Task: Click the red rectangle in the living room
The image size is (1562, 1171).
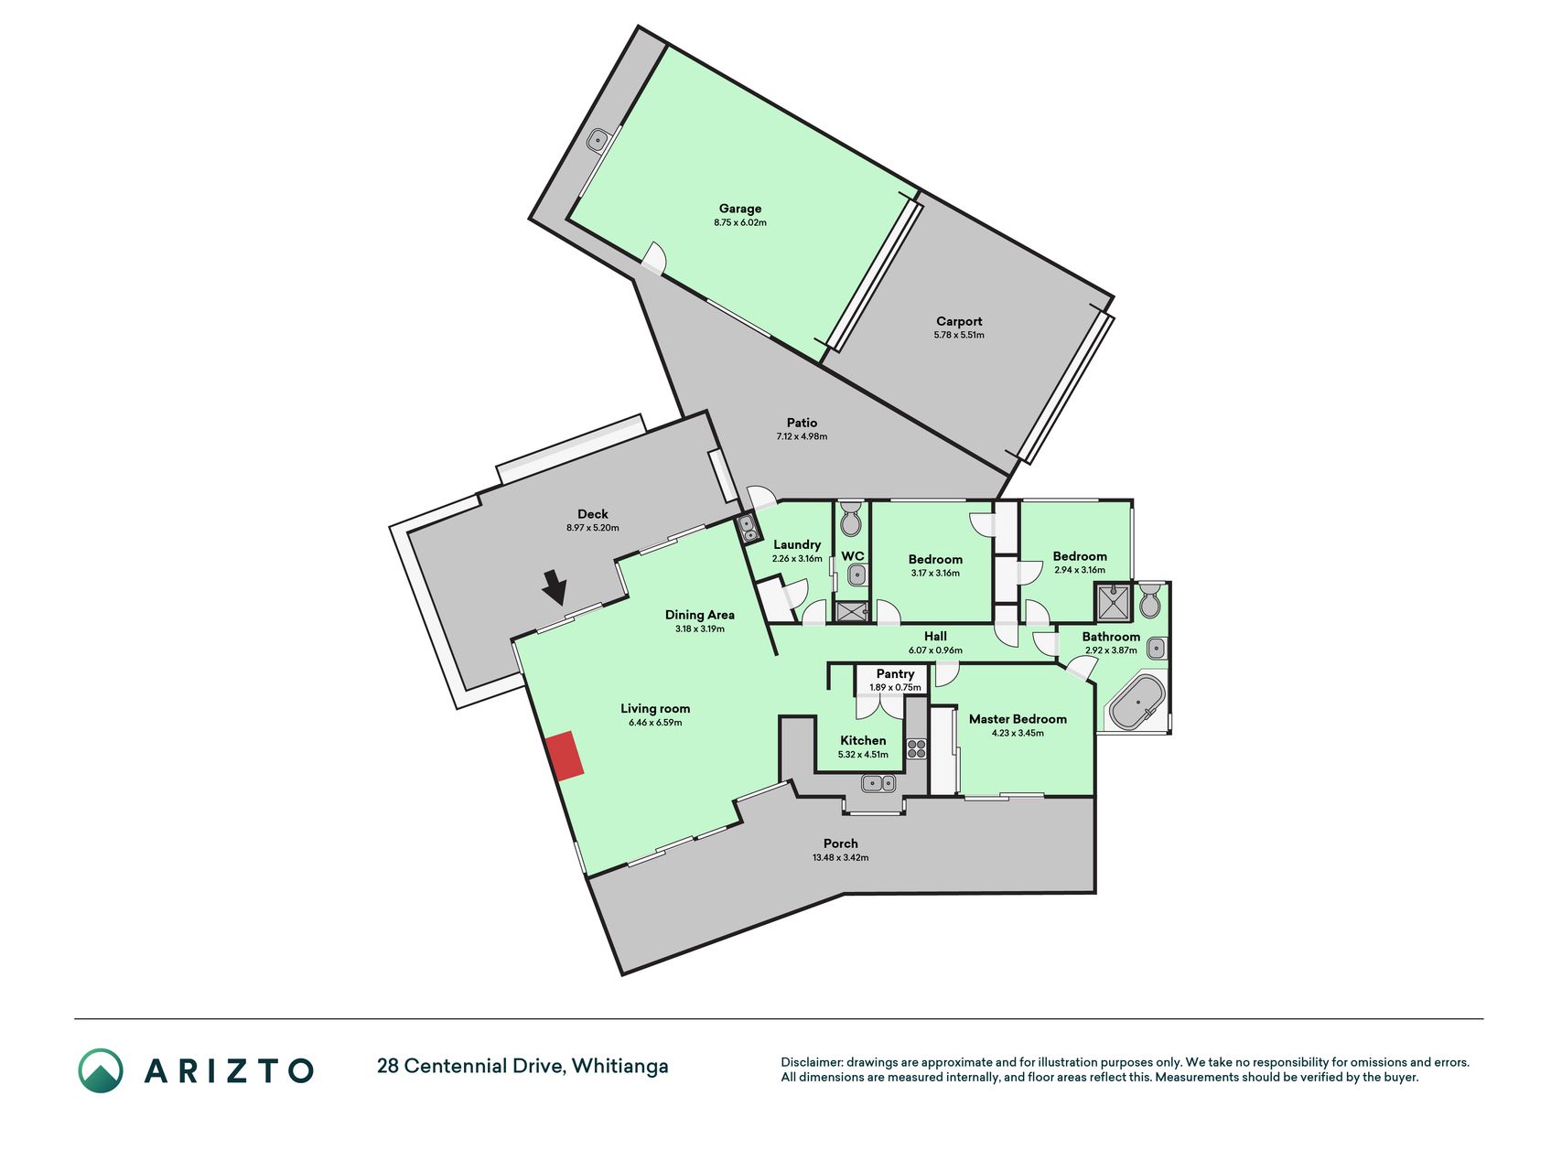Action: tap(566, 756)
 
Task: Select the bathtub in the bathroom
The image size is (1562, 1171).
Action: tap(1136, 703)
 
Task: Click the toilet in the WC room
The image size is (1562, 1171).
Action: tap(851, 518)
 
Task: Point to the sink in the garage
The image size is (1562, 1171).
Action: tap(598, 141)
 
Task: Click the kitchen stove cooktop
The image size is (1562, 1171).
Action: tap(917, 748)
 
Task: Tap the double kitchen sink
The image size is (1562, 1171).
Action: tap(878, 783)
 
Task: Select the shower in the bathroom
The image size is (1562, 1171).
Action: tap(1113, 603)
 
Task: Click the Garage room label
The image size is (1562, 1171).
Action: tap(740, 209)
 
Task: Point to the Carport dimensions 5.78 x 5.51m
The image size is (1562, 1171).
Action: tap(959, 335)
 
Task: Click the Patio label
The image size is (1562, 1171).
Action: tap(802, 423)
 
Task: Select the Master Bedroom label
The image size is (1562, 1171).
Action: tap(1018, 719)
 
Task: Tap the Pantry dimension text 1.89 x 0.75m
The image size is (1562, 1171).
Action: tap(895, 687)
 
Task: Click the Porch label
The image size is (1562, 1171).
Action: tap(840, 843)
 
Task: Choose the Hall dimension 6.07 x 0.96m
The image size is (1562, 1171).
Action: tap(935, 650)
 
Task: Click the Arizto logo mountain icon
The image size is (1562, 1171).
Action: tap(101, 1070)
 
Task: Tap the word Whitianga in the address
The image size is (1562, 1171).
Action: tap(620, 1067)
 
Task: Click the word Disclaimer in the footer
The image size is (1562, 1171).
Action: tap(811, 1062)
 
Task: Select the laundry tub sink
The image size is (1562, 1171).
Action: tap(748, 528)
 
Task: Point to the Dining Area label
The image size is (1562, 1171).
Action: tap(699, 615)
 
